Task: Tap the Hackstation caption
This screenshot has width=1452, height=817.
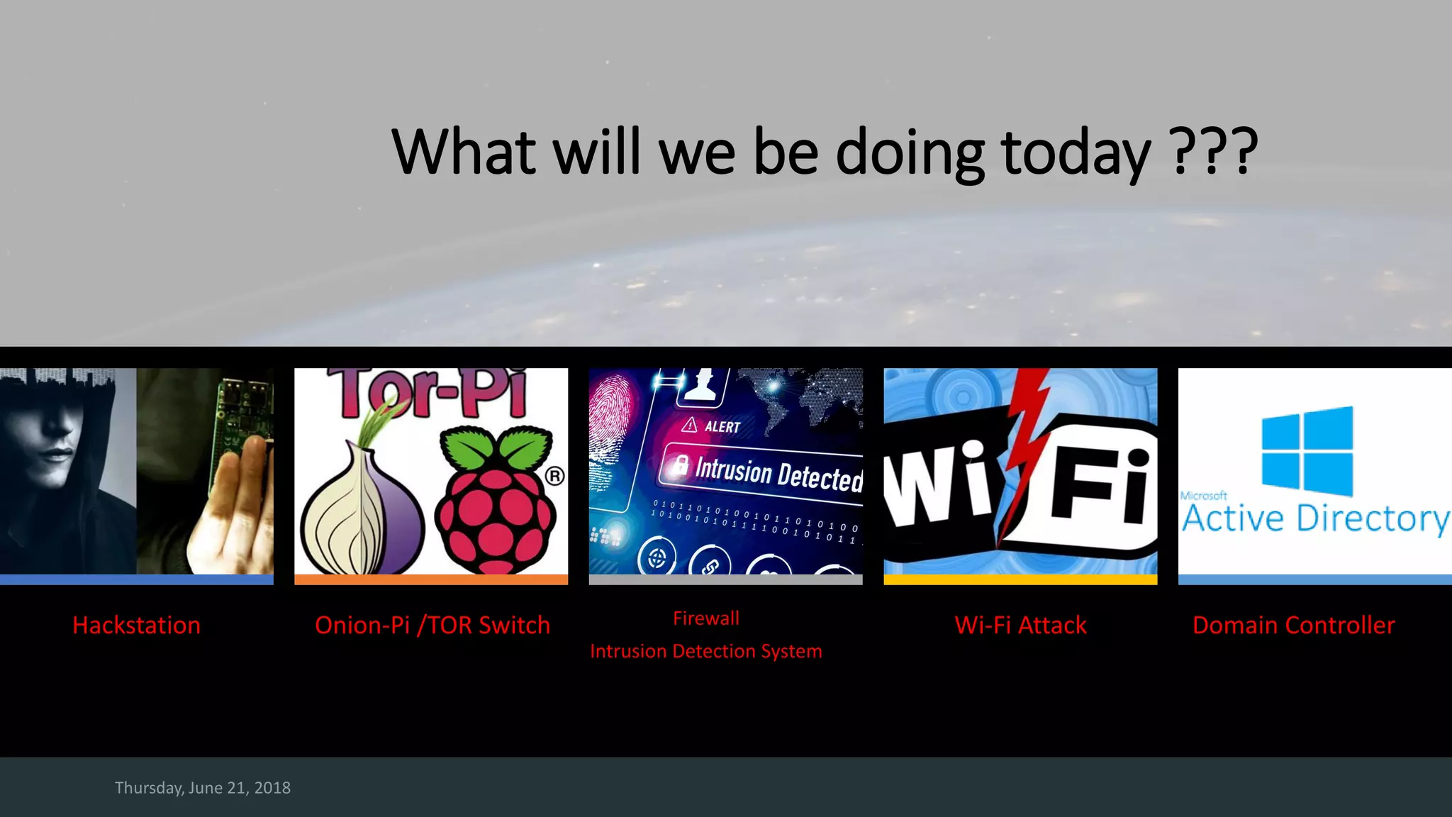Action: coord(136,625)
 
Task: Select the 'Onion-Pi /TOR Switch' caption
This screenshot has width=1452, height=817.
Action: coord(432,625)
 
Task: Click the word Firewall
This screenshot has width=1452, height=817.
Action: coord(705,618)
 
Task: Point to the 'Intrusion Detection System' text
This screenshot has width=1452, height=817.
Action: coord(705,651)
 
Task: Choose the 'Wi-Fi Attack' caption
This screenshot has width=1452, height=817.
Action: coord(1020,625)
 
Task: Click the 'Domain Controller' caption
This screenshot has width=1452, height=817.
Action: coord(1293,625)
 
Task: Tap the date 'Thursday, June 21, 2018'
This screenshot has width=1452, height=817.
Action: coord(203,788)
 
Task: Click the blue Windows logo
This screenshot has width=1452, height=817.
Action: coord(1307,451)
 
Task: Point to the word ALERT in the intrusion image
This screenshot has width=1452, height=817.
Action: coord(721,427)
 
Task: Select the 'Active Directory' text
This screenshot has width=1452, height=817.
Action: coord(1315,518)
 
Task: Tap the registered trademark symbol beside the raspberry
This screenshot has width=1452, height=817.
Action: coord(555,476)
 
